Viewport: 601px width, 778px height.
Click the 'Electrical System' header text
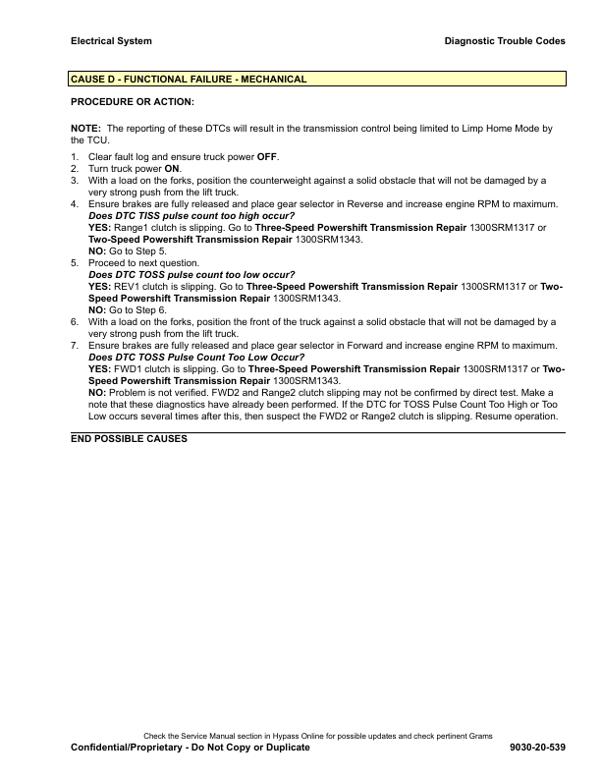click(111, 41)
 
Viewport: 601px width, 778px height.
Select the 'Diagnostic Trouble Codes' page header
click(506, 41)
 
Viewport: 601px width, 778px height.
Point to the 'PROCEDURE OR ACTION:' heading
click(133, 101)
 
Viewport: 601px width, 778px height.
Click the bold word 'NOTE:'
click(86, 129)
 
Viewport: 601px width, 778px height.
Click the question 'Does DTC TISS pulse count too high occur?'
click(192, 215)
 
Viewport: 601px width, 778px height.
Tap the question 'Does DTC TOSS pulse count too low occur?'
click(191, 274)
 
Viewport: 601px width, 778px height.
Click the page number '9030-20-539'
click(538, 748)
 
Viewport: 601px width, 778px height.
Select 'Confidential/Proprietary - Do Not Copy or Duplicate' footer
click(191, 748)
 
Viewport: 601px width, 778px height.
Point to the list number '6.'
click(75, 321)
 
